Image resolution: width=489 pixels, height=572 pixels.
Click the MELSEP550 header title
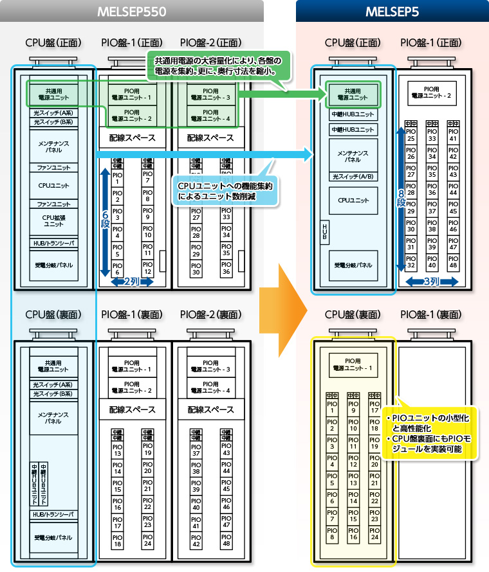(131, 12)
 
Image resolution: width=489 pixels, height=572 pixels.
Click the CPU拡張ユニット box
(53, 220)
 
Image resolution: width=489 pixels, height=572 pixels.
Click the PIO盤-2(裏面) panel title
(210, 315)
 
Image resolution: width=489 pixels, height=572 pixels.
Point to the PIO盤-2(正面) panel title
(210, 43)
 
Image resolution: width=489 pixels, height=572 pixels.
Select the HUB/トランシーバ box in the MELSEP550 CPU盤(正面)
(53, 244)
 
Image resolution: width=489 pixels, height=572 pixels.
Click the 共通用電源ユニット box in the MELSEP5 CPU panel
(353, 94)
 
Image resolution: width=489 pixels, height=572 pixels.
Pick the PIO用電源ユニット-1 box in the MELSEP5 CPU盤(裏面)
(353, 364)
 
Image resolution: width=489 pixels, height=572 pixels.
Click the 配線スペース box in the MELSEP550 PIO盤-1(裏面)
(132, 409)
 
